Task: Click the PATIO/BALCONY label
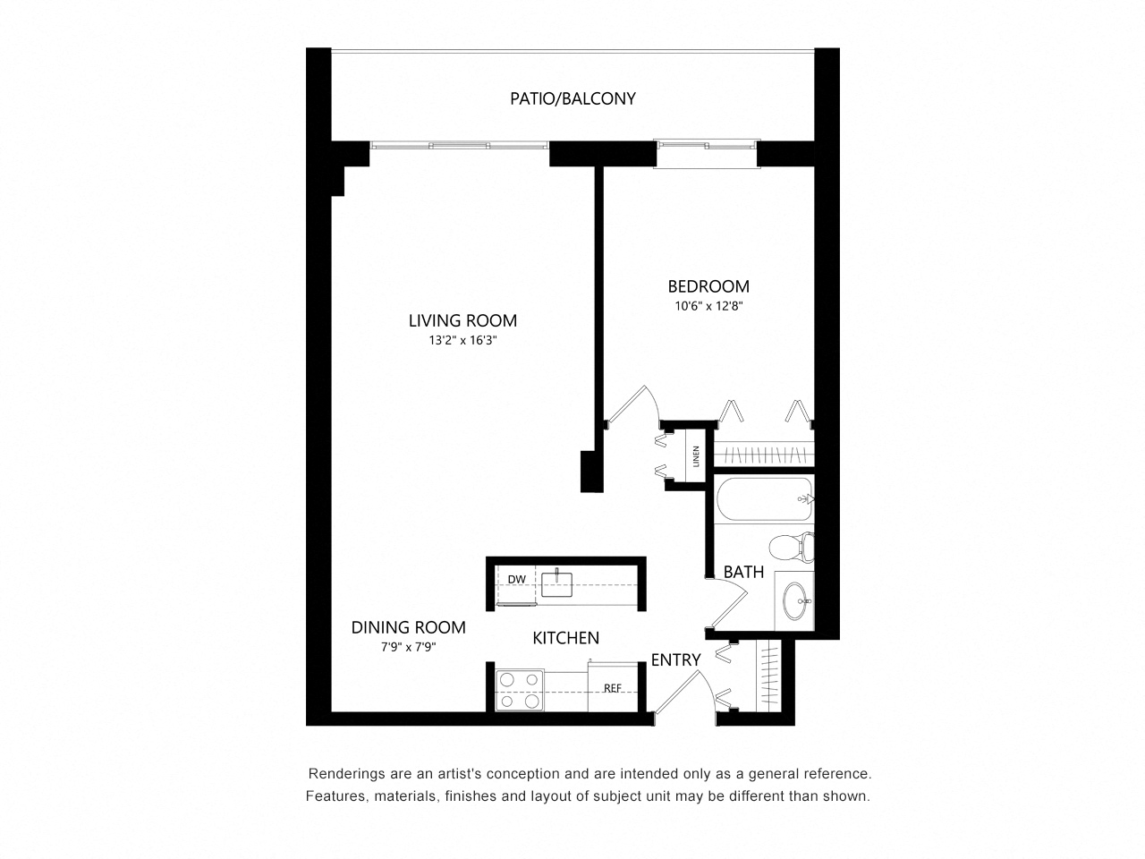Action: pos(572,98)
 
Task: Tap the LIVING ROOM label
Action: pos(462,320)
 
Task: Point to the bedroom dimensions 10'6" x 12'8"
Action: pos(708,306)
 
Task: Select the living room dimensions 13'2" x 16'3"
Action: pos(462,341)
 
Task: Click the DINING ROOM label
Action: pos(408,627)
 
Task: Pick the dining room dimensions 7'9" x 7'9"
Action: pos(408,647)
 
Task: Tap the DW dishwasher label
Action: pos(516,579)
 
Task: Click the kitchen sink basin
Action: pos(556,584)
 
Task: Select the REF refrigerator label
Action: pos(613,688)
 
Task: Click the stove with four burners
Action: pos(520,690)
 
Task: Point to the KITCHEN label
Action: pos(565,638)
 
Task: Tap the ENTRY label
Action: pos(675,659)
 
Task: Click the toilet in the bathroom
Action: pos(792,547)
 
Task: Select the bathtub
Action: pos(765,499)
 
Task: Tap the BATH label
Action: pos(743,572)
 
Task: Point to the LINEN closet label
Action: pos(696,456)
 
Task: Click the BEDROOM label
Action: pos(708,286)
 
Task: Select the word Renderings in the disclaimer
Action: pos(339,773)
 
